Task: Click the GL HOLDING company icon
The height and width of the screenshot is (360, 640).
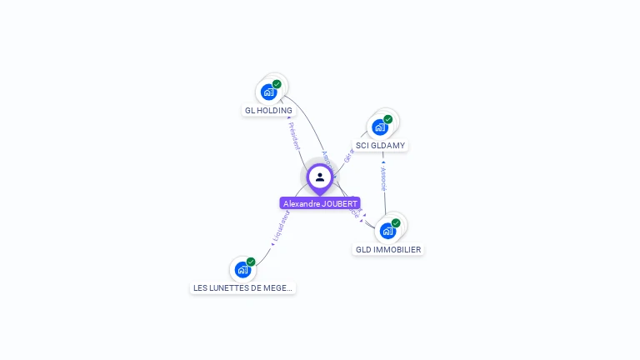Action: [268, 92]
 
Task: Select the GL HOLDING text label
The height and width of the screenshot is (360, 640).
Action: [268, 110]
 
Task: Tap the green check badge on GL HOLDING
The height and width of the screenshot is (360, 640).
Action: [277, 84]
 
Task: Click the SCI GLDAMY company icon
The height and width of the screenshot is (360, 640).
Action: [380, 127]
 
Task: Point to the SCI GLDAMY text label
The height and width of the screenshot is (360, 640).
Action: [380, 145]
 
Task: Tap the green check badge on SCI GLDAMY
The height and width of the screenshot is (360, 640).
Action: [388, 119]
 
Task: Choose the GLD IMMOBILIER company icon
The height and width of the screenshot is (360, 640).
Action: [387, 231]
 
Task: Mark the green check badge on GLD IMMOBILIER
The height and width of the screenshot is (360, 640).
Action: [396, 222]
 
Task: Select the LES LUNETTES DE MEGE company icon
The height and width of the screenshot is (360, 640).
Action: [242, 269]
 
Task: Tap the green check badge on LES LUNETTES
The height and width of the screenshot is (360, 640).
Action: [251, 262]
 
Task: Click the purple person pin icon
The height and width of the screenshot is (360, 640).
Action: [320, 177]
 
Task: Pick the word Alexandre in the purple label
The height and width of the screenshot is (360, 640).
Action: [300, 203]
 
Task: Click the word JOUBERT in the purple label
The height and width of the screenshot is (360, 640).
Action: [338, 203]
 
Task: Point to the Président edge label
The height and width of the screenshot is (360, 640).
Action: [294, 135]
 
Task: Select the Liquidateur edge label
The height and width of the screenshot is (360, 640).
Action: [280, 227]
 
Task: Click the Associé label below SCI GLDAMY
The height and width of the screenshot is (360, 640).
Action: [383, 178]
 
